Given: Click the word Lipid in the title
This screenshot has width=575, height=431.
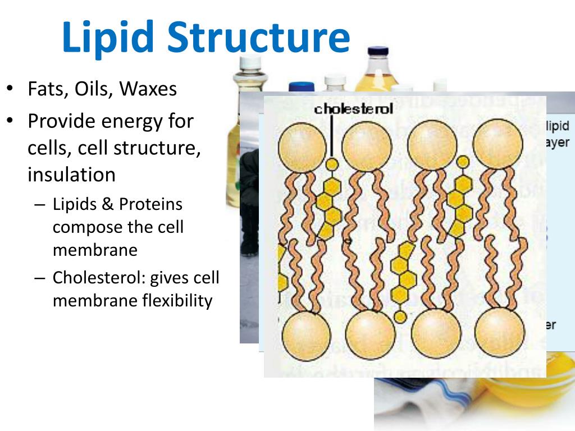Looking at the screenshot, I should (x=108, y=37).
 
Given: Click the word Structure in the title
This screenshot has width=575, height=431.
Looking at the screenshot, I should (x=259, y=37).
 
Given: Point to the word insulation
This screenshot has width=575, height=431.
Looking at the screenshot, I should (x=71, y=175).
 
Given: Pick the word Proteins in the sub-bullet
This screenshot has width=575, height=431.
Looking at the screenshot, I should (x=150, y=204).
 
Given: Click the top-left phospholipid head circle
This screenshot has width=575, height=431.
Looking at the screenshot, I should (x=302, y=147).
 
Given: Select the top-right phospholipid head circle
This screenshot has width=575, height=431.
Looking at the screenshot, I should (x=498, y=145).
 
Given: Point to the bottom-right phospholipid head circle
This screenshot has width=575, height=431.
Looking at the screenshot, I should (x=500, y=332).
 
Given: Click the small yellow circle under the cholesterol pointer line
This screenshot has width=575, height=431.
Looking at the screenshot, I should (x=332, y=164).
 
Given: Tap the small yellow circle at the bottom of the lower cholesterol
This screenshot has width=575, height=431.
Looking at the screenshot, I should (x=400, y=317).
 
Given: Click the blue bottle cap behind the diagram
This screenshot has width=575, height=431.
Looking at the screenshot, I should (x=301, y=87).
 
